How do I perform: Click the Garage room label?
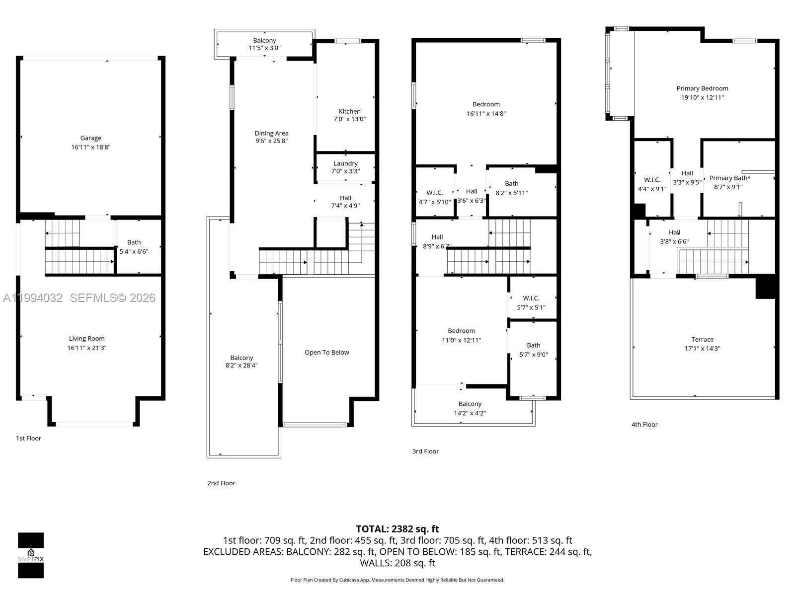tap(90, 138)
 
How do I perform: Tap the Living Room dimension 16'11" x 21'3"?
tap(87, 348)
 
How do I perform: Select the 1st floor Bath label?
tap(134, 242)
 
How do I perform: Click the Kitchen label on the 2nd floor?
tap(350, 111)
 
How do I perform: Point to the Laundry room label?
tap(345, 163)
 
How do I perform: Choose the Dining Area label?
tap(271, 133)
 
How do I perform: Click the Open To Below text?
tap(326, 352)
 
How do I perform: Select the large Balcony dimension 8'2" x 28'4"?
tap(241, 366)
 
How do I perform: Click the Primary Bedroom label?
tap(702, 88)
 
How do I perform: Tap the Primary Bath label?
tap(728, 178)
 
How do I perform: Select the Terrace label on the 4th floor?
tap(702, 339)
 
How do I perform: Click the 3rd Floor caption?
tap(425, 451)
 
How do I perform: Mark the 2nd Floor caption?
tap(221, 483)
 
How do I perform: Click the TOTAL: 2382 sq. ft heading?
tap(397, 529)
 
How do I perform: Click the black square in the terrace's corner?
tap(765, 288)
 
